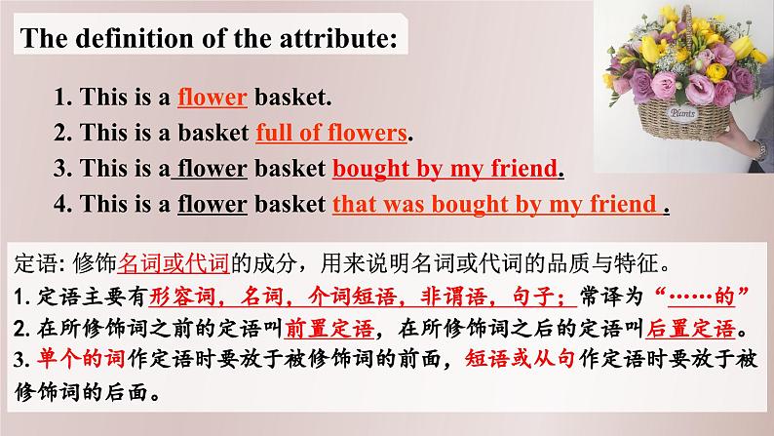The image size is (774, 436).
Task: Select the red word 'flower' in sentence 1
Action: [x=213, y=97]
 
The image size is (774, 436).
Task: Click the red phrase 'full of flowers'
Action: [x=331, y=133]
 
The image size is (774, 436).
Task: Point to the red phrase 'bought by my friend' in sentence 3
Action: [x=445, y=169]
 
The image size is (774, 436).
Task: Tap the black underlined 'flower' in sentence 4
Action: [x=213, y=204]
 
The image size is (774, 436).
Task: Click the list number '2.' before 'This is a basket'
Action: [x=63, y=133]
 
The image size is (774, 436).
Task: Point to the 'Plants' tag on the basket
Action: [x=682, y=113]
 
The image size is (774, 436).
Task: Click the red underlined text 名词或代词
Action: [x=174, y=263]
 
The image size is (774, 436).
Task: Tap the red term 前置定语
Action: [x=329, y=329]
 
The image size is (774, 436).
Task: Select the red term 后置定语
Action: [x=690, y=329]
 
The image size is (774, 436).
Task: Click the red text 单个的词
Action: [x=81, y=359]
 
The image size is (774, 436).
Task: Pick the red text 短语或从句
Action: [x=521, y=359]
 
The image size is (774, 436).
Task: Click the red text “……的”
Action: [x=701, y=297]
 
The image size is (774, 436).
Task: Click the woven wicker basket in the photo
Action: [x=683, y=118]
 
